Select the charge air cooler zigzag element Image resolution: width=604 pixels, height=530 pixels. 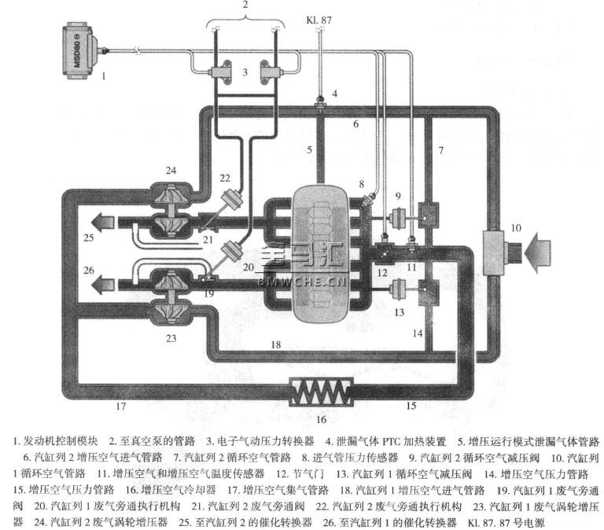point(322,391)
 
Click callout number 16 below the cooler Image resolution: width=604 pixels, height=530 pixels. point(320,419)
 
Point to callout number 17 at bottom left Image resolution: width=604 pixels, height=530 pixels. point(120,407)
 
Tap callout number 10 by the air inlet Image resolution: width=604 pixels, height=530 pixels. point(515,227)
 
